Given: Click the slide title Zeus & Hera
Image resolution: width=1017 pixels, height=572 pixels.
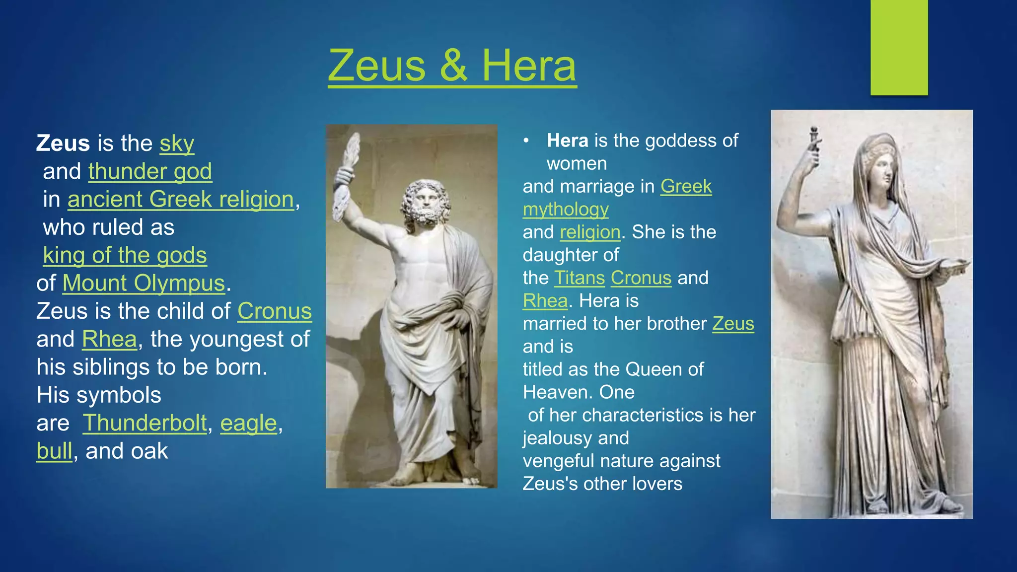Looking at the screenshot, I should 452,66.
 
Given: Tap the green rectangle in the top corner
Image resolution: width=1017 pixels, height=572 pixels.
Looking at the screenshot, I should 899,47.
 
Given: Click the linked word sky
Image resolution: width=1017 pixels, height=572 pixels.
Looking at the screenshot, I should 177,143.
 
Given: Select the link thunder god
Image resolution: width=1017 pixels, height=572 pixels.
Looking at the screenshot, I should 150,171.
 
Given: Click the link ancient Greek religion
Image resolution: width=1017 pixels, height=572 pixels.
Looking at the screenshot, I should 181,200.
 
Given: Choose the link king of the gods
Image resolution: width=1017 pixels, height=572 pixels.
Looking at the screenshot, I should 125,255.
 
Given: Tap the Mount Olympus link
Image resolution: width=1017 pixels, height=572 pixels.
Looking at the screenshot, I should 144,284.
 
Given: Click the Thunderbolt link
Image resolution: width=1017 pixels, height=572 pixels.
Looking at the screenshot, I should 145,423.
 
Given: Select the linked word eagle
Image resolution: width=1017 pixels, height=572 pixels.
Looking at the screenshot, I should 248,423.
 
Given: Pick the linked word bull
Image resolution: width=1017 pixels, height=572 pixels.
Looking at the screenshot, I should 55,451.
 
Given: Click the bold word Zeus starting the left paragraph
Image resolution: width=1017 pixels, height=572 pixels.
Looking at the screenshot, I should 63,143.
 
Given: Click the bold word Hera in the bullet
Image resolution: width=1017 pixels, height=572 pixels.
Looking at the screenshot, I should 567,141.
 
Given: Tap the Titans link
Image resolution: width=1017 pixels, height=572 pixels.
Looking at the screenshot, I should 579,278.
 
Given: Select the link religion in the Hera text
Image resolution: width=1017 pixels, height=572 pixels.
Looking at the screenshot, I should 590,232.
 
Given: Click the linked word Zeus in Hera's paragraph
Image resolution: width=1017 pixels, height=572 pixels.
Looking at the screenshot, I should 733,324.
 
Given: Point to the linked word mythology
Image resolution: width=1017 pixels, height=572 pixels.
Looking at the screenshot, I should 566,210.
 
